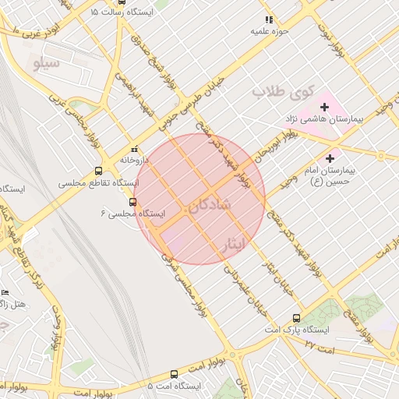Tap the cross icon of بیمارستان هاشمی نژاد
(x=324, y=106)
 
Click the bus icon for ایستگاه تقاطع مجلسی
(x=98, y=171)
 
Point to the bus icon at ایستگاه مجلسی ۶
(x=132, y=202)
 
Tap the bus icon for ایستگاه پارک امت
(x=295, y=318)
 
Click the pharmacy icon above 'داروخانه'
(x=134, y=149)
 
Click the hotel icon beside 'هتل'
(x=5, y=291)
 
